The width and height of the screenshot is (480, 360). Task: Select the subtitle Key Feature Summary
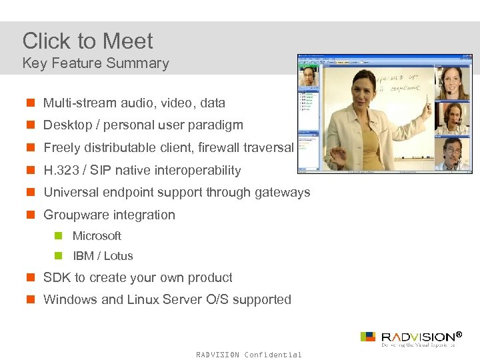[x=95, y=63]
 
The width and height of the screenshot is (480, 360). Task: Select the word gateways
[x=285, y=193]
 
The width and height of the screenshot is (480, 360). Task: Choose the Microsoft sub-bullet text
[x=97, y=236]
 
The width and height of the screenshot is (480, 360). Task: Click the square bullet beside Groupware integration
[x=31, y=215]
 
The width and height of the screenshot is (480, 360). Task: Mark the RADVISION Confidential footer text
[x=249, y=355]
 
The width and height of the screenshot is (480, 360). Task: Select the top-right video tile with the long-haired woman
[x=452, y=83]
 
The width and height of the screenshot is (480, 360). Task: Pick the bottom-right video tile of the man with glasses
[x=452, y=153]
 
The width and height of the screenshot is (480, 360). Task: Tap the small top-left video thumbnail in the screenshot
[x=308, y=79]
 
